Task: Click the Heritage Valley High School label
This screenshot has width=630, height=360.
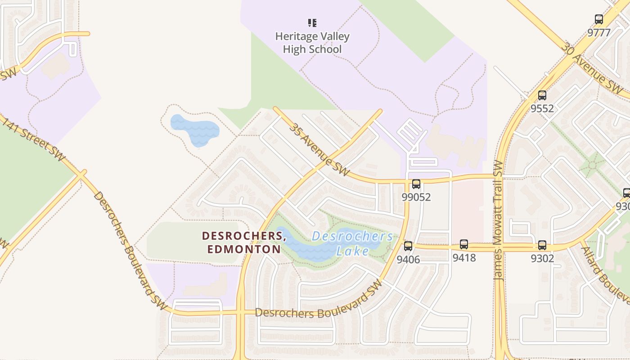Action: pos(312,43)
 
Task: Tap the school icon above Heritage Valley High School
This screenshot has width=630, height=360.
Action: pos(312,22)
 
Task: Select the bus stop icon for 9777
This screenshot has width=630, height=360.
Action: pos(599,19)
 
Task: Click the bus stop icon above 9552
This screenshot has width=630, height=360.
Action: pos(542,95)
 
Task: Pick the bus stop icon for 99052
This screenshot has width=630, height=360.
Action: pos(416,184)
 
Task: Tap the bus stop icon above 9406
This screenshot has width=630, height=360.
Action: pos(408,246)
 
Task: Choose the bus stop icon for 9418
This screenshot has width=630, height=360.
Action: pos(464,244)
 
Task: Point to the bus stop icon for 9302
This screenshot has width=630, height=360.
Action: pos(542,245)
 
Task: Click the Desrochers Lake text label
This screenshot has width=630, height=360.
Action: pos(352,243)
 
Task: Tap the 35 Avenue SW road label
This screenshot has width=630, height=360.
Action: pos(319,150)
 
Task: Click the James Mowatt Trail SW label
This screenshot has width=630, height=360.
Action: pos(498,220)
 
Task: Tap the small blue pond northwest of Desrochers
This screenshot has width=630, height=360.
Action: pos(195,130)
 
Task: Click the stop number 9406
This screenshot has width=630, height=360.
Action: pos(408,260)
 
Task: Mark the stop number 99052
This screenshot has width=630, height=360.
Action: pos(416,197)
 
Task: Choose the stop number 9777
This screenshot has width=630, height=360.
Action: pos(599,32)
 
